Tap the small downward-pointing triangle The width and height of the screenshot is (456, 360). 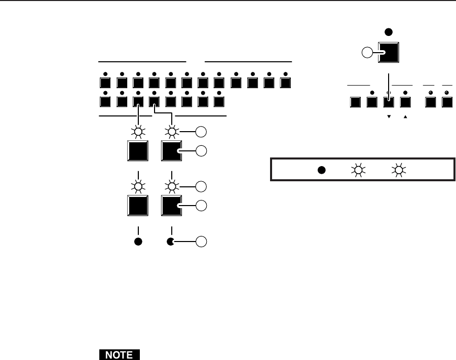(389, 116)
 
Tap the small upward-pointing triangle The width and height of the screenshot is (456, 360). (405, 116)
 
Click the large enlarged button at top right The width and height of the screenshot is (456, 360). (389, 51)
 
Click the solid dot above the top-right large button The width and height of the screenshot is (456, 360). (389, 32)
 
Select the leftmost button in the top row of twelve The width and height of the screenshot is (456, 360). (105, 83)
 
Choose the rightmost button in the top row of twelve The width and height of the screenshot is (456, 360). (286, 83)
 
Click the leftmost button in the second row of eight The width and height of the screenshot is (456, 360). (105, 101)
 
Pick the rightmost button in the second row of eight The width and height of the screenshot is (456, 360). (219, 101)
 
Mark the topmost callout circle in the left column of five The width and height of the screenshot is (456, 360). (201, 133)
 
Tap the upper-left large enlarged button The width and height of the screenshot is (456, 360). (138, 151)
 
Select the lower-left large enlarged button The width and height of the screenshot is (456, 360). (138, 205)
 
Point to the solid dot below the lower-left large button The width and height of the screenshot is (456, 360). (138, 242)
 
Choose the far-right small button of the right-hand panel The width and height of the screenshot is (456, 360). (447, 102)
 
